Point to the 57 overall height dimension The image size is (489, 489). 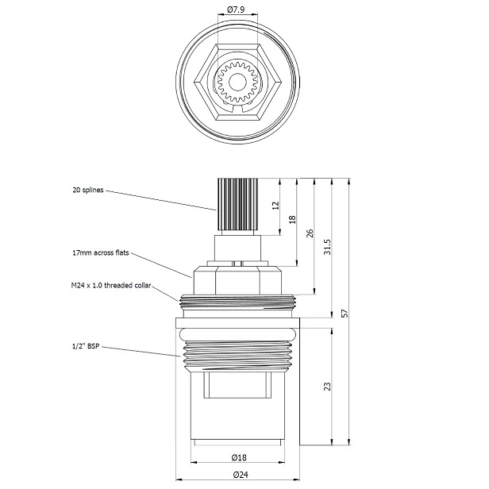[x=345, y=313]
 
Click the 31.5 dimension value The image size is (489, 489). [x=327, y=247]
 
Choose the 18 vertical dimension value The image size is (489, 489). [x=292, y=219]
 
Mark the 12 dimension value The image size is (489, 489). [x=275, y=205]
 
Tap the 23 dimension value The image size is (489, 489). [x=327, y=386]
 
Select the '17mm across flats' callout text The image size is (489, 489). [x=99, y=254]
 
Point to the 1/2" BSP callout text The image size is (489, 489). [x=86, y=347]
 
